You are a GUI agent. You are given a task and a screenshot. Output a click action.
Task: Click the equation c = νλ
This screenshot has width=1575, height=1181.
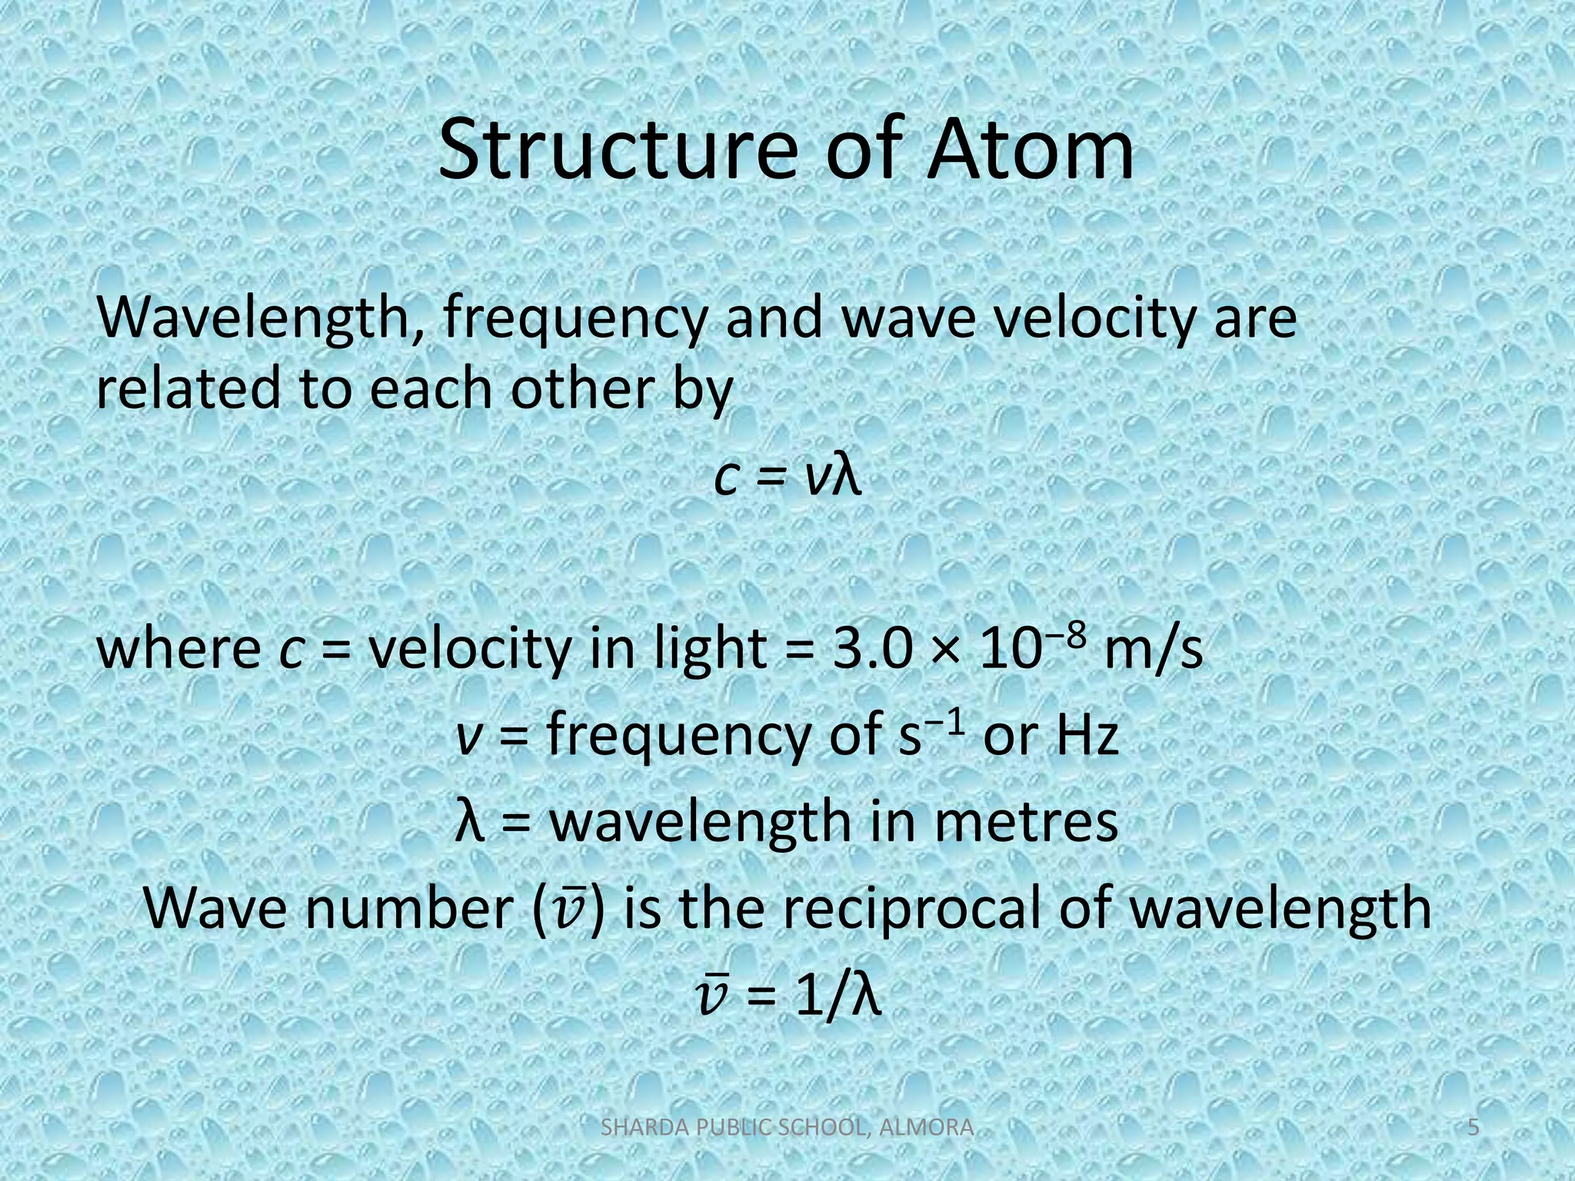pos(787,477)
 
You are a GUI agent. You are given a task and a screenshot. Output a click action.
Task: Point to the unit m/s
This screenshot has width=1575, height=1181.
pos(1153,650)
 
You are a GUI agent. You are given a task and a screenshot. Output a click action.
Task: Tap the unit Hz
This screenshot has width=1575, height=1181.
pos(1087,736)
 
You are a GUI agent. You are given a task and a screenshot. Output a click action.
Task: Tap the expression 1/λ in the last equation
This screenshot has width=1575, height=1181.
pos(837,997)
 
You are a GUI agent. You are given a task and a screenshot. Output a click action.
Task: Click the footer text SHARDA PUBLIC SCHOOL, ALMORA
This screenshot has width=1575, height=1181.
pos(786,1128)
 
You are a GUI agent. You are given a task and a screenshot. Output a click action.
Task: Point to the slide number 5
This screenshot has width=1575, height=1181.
pos(1473,1128)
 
